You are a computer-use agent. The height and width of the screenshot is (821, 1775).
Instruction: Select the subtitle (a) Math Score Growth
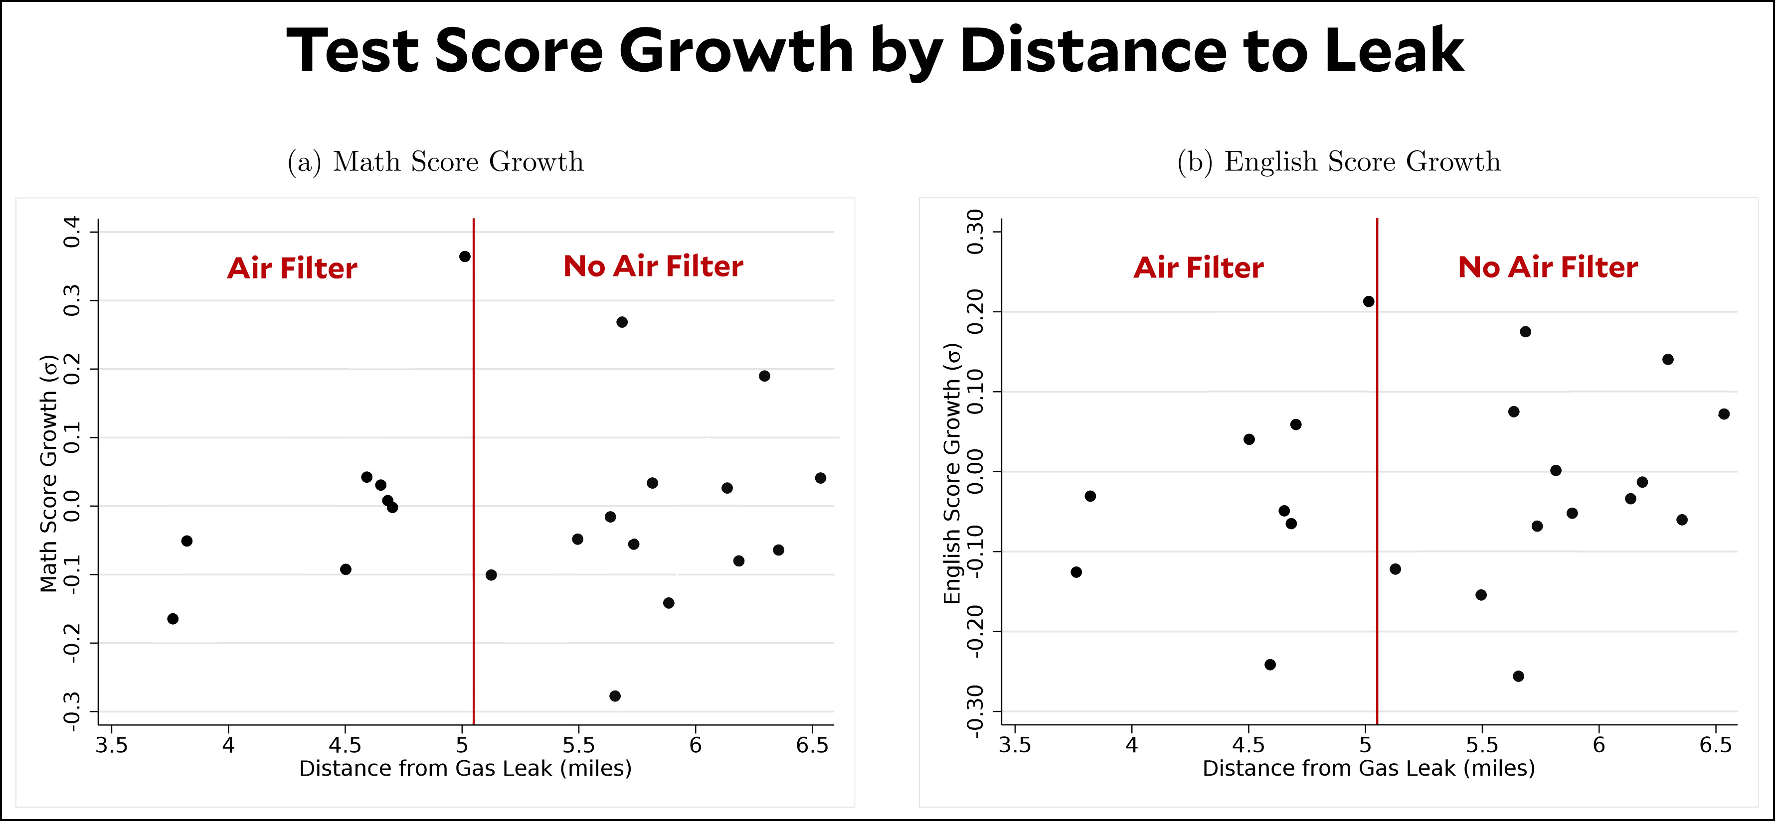tap(435, 162)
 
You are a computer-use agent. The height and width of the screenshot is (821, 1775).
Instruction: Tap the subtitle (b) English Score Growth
tap(1338, 162)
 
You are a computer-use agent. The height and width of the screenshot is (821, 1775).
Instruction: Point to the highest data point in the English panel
tap(1369, 302)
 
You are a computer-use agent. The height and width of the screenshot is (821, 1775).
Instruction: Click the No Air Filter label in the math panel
tap(653, 267)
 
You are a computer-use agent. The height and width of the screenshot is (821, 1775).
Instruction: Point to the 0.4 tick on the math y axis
tap(72, 232)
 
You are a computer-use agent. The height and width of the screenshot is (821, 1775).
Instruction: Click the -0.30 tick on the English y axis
tap(975, 711)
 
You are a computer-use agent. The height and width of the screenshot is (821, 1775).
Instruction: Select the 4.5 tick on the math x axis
tap(345, 745)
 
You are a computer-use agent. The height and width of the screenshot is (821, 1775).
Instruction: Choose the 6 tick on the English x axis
tap(1598, 745)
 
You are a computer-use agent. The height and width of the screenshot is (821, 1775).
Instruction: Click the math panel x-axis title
tap(465, 769)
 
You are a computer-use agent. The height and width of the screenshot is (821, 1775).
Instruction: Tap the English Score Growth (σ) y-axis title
tap(952, 474)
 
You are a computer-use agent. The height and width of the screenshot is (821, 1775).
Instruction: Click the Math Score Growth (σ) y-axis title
tap(48, 474)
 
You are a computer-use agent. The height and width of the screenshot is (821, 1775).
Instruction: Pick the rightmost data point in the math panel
tap(820, 478)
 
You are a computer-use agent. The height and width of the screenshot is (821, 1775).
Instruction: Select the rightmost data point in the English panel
tap(1723, 414)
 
